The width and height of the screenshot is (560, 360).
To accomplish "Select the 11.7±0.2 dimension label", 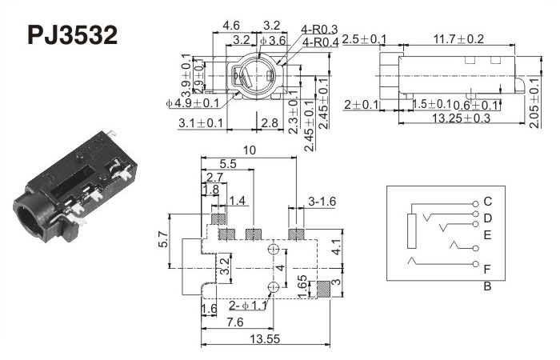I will (458, 38).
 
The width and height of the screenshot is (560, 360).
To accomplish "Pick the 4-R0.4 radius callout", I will (320, 42).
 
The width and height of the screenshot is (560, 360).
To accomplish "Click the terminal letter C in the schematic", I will (488, 201).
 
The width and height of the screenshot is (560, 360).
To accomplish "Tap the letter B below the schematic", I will (487, 286).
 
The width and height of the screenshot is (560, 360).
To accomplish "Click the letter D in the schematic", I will (488, 218).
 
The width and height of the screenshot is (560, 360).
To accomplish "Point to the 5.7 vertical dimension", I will (164, 238).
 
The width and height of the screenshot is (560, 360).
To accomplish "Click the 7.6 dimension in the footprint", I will (234, 322).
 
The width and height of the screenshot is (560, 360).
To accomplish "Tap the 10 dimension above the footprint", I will (250, 150).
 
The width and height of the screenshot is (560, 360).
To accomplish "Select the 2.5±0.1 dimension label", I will (365, 39).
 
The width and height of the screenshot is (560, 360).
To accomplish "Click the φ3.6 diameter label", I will (273, 40).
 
